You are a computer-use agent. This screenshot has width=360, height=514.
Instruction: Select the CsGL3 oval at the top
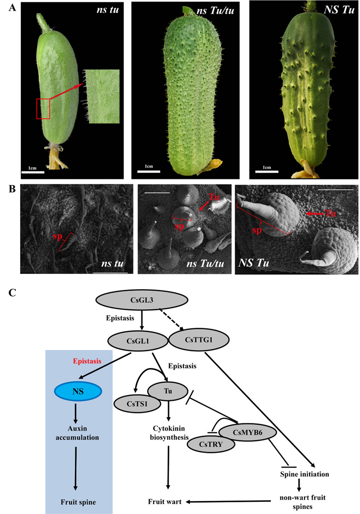pos(141,301)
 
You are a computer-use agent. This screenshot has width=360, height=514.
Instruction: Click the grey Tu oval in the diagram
pos(168,390)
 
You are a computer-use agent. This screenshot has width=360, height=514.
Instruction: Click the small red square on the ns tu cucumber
pos(43,108)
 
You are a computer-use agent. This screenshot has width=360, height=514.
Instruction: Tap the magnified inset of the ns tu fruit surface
pos(104,96)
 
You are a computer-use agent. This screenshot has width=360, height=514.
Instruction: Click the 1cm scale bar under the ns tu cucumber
pos(33,172)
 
